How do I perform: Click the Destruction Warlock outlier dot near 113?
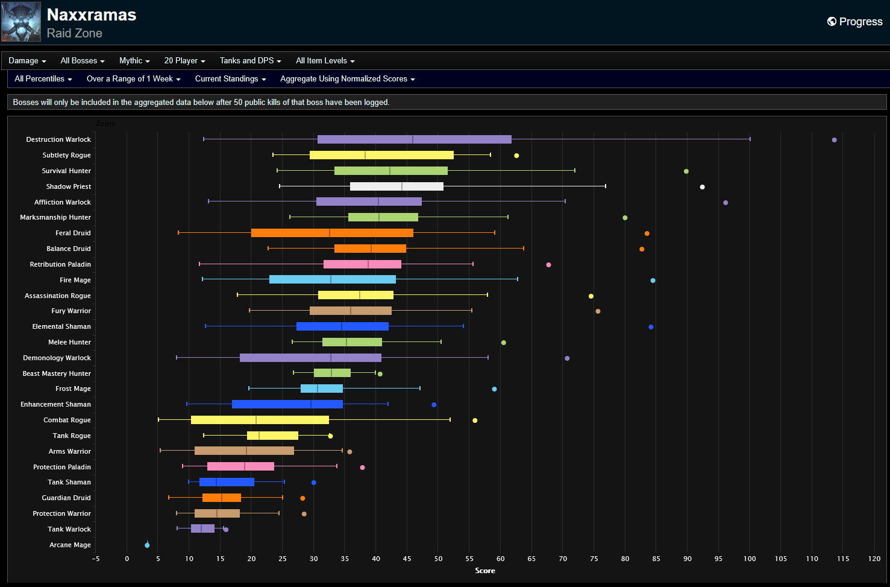(834, 140)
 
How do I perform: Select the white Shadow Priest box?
(396, 186)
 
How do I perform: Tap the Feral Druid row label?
(73, 233)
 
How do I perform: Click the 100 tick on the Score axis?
(750, 559)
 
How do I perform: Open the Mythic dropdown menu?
(134, 61)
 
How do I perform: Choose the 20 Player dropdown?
(184, 61)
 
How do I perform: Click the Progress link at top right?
(854, 22)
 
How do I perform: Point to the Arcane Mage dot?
(147, 545)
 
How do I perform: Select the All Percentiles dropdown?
(43, 79)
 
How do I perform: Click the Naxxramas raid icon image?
(21, 22)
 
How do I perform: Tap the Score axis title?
(485, 571)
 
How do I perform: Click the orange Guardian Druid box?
(222, 498)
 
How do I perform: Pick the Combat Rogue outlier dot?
(475, 420)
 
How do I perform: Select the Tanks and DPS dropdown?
(250, 61)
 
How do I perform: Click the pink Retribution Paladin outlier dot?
(548, 265)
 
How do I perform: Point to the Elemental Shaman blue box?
(342, 326)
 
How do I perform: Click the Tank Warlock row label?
(69, 529)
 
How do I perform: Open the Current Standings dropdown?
(230, 79)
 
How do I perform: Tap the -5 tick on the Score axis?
(96, 559)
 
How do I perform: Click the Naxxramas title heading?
(92, 15)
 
